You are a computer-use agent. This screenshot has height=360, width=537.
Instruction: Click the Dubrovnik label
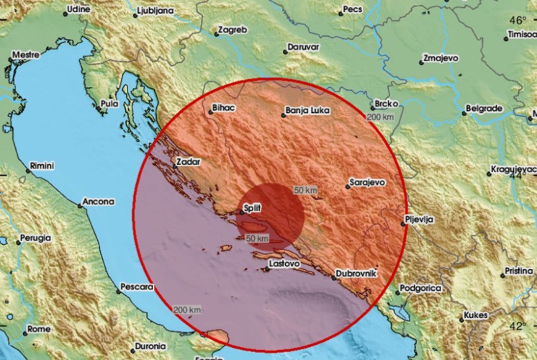[x=357, y=273]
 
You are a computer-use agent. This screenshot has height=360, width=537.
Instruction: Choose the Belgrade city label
[x=483, y=108]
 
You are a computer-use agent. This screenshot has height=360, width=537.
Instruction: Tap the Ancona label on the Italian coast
[x=97, y=202]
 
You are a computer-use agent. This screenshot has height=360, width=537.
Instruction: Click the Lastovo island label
[x=283, y=264]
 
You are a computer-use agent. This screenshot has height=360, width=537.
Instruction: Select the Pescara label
[x=137, y=287]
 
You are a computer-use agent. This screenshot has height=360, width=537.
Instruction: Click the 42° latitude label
[x=519, y=325]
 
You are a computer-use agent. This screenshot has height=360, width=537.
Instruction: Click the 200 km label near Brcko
[x=381, y=117]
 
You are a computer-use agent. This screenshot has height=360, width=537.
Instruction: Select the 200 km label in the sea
[x=186, y=309]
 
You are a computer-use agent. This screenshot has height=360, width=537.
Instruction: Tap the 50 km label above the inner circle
[x=305, y=190]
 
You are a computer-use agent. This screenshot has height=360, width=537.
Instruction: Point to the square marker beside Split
[x=242, y=212]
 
